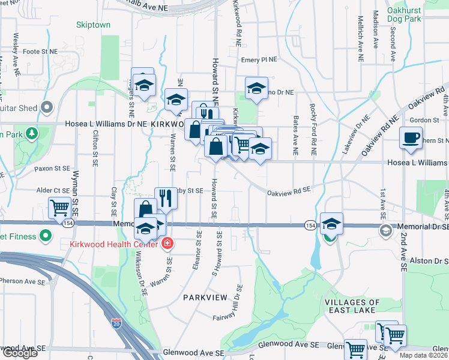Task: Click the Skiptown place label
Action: [93, 25]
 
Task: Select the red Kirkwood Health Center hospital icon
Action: [167, 244]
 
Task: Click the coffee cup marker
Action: [411, 137]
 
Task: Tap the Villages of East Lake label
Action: [352, 306]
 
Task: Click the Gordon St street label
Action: [425, 121]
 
